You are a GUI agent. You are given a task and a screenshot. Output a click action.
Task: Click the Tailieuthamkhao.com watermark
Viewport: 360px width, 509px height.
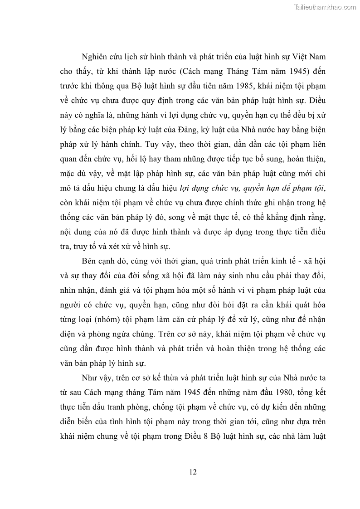tap(325, 7)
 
